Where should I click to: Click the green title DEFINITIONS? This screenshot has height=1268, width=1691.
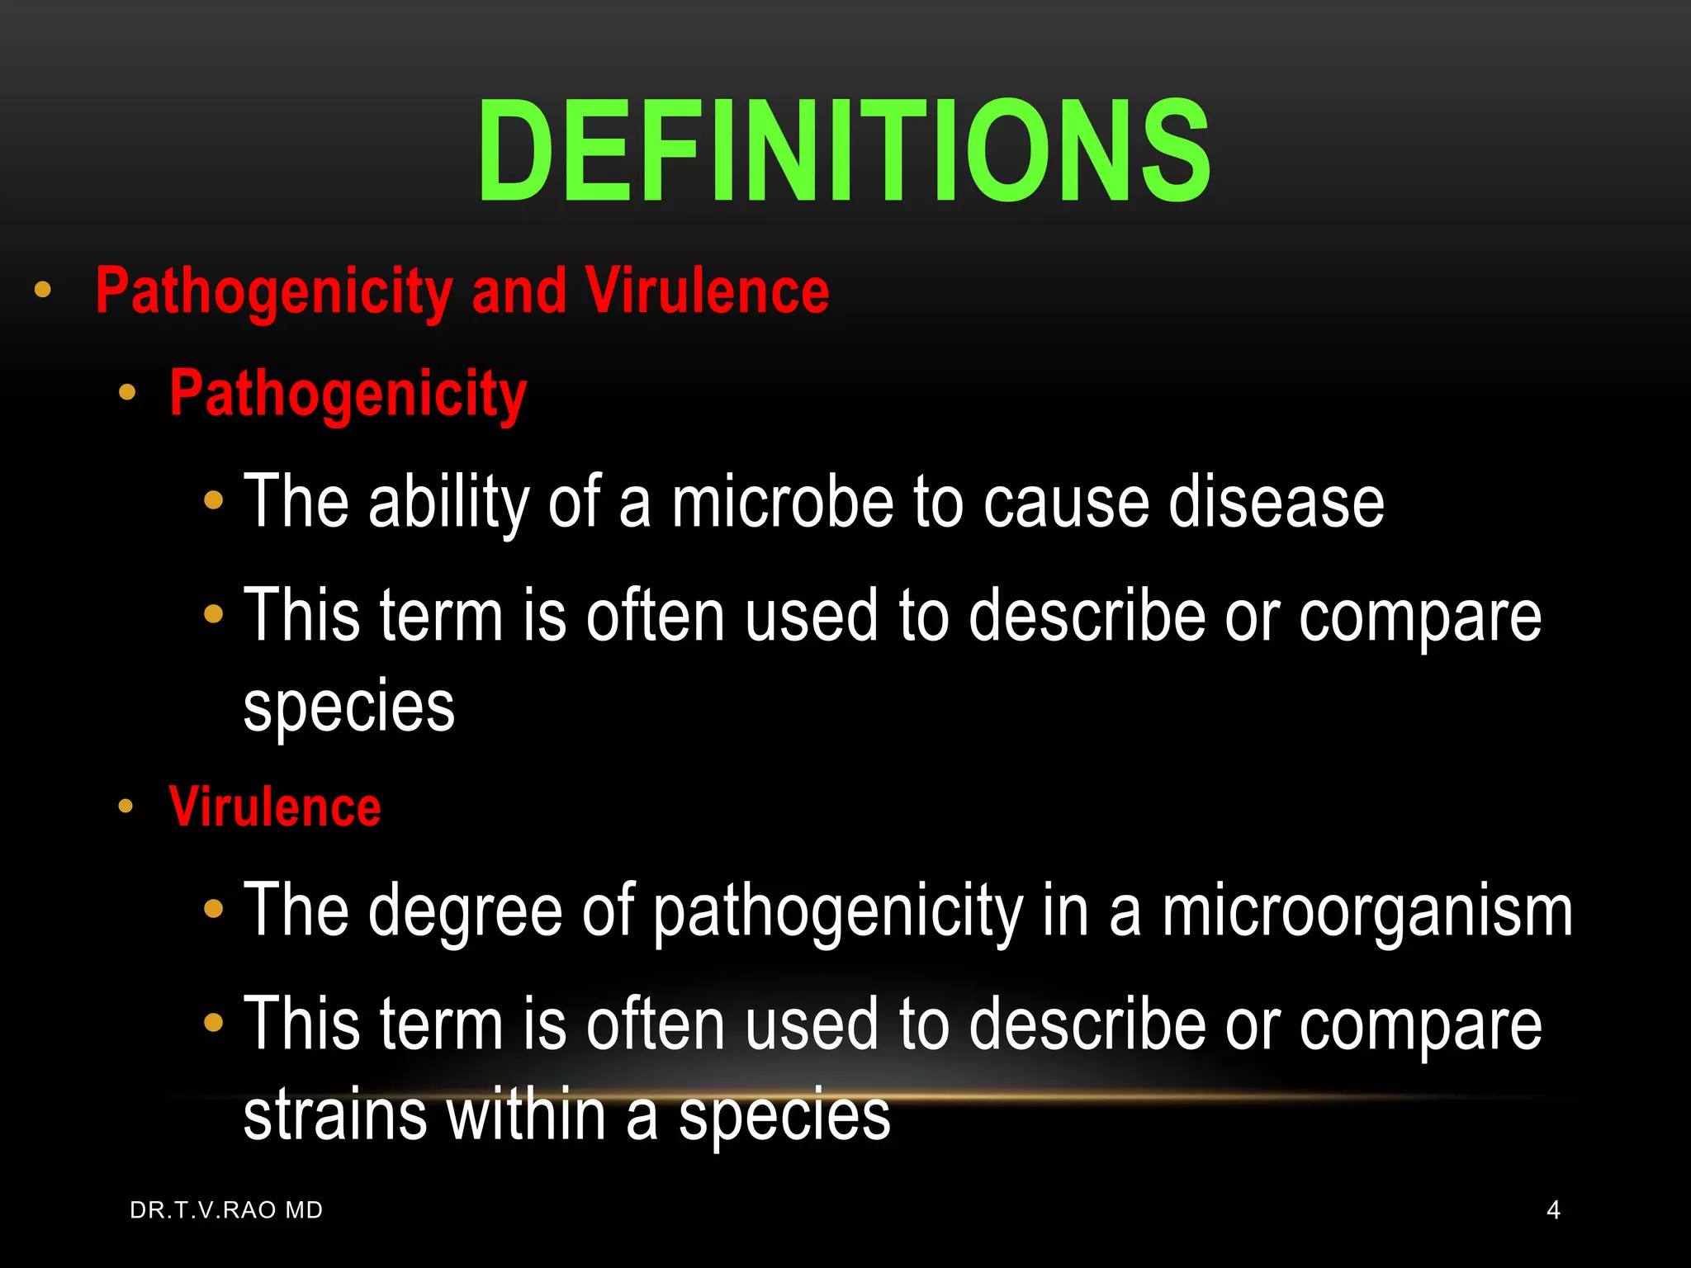point(844,150)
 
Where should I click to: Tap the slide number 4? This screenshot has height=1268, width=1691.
point(1553,1210)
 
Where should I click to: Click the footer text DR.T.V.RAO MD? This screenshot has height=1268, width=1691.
point(226,1210)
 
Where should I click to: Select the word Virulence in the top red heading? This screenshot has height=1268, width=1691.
point(707,291)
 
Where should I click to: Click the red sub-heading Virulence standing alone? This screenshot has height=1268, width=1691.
point(275,807)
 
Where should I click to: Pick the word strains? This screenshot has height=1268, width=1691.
point(335,1114)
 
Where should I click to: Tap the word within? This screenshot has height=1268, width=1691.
point(527,1114)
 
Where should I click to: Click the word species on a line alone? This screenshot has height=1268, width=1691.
point(349,707)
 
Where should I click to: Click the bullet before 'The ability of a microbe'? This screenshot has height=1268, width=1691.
point(214,500)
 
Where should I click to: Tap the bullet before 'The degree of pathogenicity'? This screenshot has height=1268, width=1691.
point(214,909)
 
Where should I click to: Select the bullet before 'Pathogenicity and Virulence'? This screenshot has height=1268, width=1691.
point(43,290)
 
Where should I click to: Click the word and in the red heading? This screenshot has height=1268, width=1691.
point(519,291)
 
